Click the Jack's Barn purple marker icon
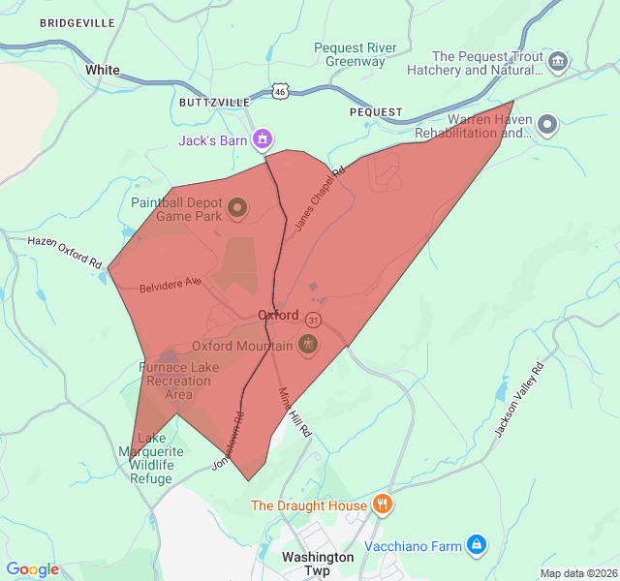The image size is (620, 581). point(261,140)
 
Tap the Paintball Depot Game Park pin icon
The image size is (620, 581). point(236,207)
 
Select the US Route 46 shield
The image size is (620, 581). point(280,91)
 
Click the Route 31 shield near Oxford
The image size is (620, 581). point(313,320)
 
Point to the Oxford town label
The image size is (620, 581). point(278,316)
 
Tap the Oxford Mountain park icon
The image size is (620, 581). point(308,345)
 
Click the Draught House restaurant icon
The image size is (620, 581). point(383,505)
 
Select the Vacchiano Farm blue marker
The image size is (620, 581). point(476,546)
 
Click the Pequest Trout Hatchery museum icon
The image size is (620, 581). point(558,63)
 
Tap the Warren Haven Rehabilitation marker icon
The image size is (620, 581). point(547,125)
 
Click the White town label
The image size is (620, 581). point(103,70)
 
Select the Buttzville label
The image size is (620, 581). point(214,102)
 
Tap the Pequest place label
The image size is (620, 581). point(376,112)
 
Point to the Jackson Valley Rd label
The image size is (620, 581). point(520,400)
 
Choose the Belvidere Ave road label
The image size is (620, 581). point(170,286)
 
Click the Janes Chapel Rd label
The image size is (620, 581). point(321,199)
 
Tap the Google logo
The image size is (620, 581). point(33,569)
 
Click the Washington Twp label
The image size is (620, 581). point(318,564)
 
